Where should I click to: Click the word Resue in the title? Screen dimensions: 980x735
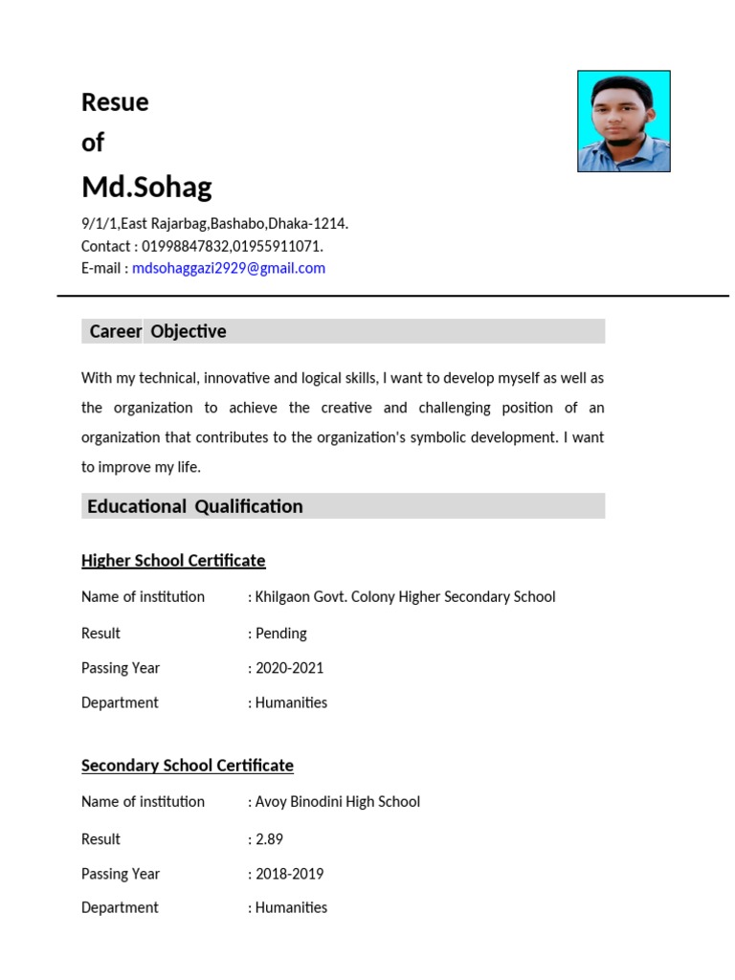tap(115, 102)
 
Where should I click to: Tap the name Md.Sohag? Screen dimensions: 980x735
tap(146, 187)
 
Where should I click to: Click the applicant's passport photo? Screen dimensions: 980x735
tap(623, 122)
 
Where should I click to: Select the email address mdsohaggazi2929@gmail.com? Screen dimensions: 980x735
tap(229, 269)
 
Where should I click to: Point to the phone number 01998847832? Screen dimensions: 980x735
tap(186, 246)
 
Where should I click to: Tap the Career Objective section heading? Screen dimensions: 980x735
tap(158, 332)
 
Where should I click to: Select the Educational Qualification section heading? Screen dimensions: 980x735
tap(195, 506)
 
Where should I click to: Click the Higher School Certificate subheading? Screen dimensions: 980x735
tap(173, 561)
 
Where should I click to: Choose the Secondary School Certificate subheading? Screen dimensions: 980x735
tap(188, 766)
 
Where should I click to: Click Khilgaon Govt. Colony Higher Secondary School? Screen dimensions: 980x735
tap(405, 597)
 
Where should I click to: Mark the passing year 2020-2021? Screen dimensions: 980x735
tap(289, 668)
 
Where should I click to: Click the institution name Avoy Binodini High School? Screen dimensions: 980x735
tap(337, 802)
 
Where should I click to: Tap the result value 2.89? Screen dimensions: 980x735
tap(269, 839)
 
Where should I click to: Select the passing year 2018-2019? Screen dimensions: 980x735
tap(289, 874)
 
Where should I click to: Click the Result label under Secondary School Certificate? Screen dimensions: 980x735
tap(100, 839)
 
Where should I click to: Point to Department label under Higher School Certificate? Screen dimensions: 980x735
tap(120, 702)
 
